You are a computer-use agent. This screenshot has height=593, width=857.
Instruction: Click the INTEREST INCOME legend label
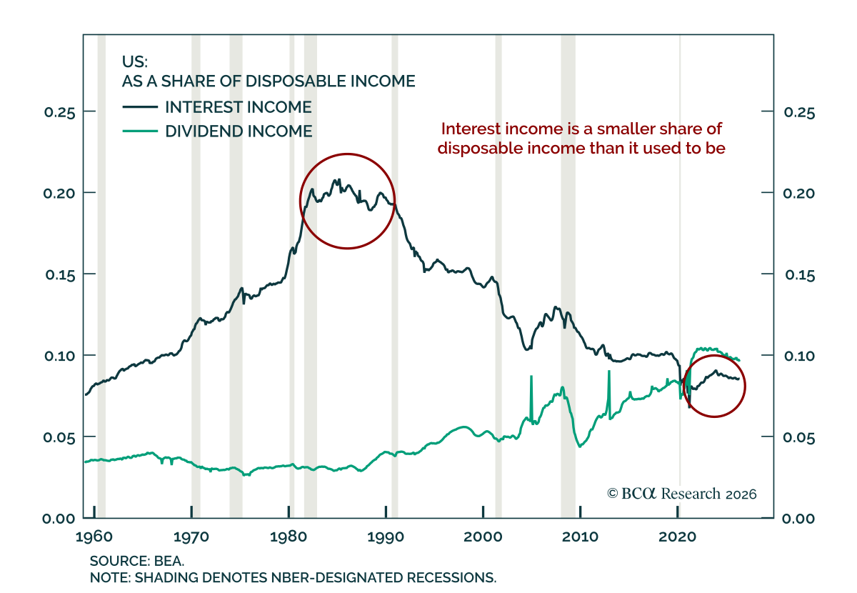coord(239,107)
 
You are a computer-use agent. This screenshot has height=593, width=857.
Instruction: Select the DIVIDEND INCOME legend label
coord(239,131)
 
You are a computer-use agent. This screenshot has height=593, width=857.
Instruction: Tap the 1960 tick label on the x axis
coord(94,537)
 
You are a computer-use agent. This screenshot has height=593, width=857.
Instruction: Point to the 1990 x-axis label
coord(386,537)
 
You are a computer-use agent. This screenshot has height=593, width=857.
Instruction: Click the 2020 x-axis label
coord(677,537)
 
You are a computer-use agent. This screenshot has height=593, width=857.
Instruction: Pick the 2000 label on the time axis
coord(483,537)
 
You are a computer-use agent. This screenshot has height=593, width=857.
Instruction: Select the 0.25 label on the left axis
coord(60,113)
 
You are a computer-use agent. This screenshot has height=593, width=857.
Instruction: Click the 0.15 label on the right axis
coord(800,275)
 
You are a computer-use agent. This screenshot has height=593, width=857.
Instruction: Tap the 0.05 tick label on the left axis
coord(59,437)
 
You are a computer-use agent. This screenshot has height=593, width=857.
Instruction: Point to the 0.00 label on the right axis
coord(798,519)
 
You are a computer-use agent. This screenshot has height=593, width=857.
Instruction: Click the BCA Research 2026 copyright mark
coord(681,494)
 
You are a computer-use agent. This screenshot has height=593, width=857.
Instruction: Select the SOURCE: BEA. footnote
coord(137,561)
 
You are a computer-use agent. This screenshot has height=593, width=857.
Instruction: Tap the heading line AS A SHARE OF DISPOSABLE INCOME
coord(269,81)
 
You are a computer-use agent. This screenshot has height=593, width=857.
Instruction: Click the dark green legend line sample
coord(140,107)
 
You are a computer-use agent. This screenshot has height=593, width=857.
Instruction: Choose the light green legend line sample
coord(140,131)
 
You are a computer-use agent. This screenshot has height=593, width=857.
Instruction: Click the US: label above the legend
coord(135,61)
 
